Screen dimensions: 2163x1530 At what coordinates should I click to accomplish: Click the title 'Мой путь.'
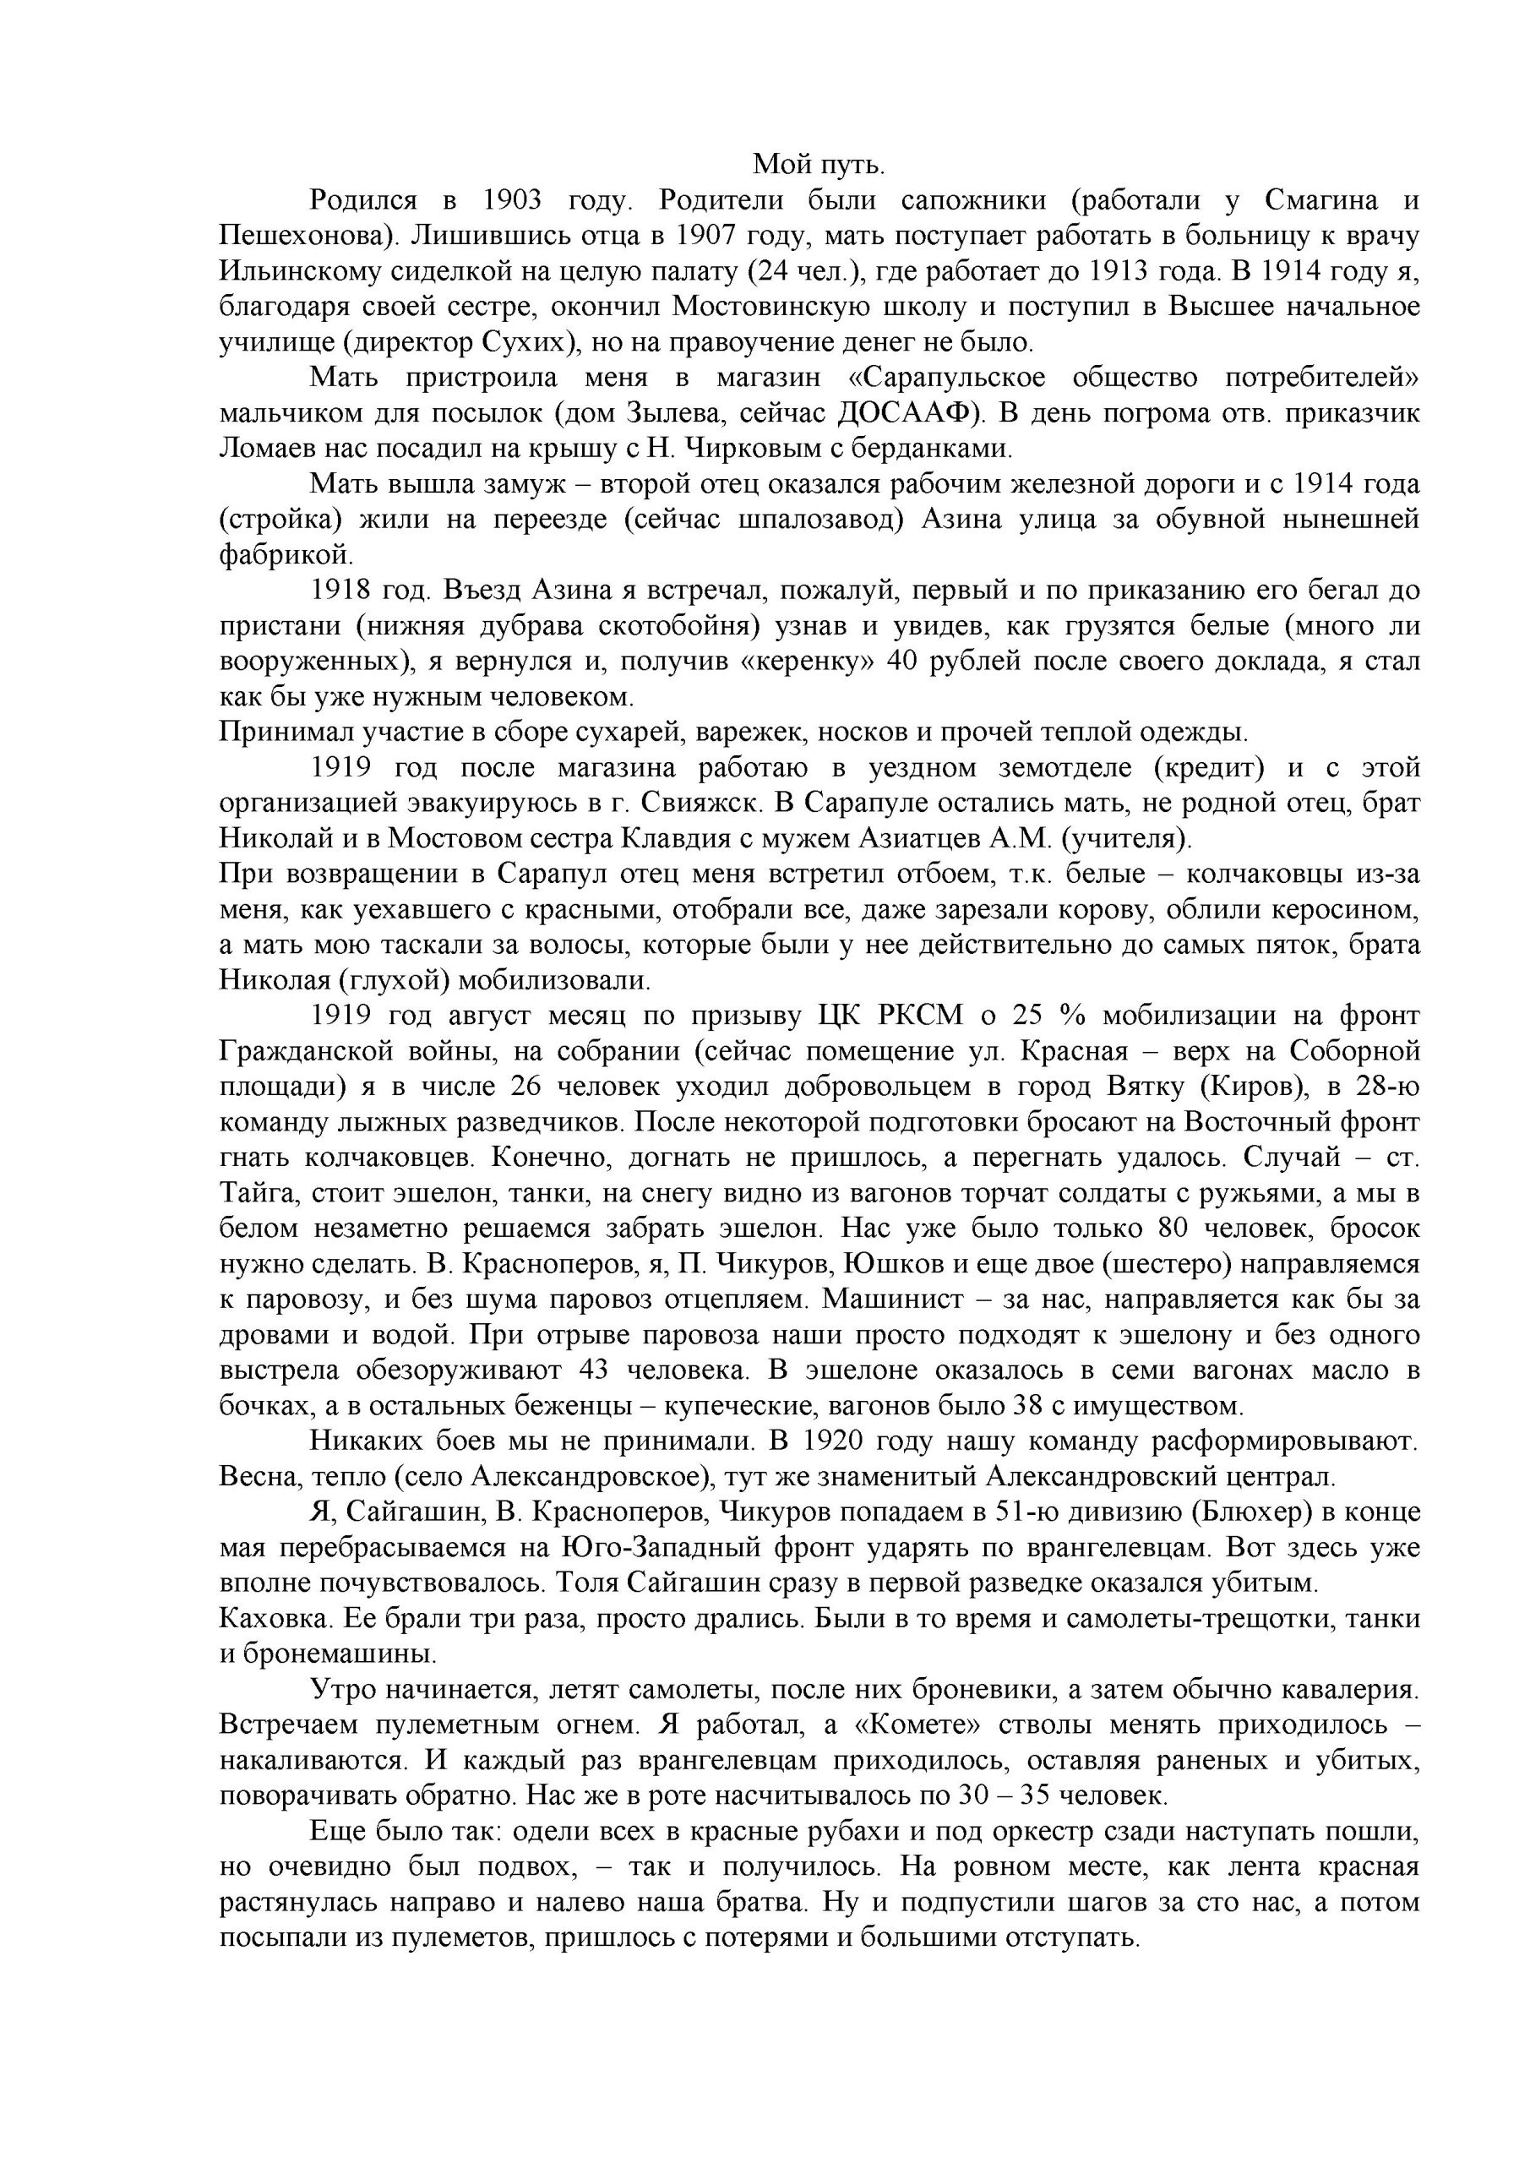(819, 166)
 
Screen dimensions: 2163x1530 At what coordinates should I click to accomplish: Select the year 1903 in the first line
(513, 200)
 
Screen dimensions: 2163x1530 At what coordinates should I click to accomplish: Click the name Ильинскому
(302, 271)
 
